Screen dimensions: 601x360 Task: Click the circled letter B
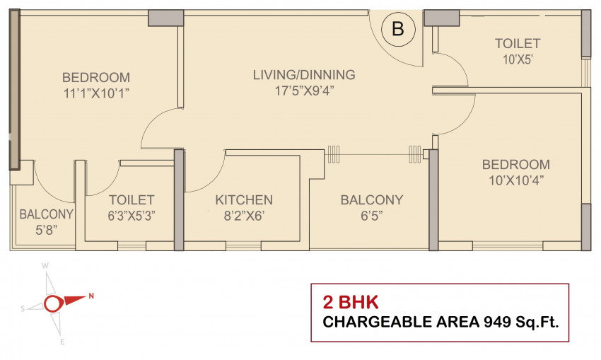tap(398, 29)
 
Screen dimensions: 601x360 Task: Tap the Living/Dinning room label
tap(304, 74)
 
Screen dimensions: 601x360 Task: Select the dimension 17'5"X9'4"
tap(304, 91)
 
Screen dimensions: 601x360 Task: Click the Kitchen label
tap(244, 199)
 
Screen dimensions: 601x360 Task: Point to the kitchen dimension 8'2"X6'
tap(244, 216)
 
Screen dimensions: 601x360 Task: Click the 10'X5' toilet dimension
tap(518, 59)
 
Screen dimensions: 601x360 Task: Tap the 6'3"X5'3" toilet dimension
tap(131, 216)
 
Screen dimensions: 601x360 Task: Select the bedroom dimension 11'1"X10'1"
tap(96, 93)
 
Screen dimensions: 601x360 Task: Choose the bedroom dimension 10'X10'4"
tap(516, 180)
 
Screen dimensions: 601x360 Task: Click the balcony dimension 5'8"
tap(47, 230)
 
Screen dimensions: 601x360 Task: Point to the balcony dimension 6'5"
tap(371, 216)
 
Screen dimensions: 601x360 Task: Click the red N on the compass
tap(91, 296)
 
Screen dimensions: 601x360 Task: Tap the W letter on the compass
tap(45, 266)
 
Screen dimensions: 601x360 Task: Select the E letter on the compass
tap(62, 342)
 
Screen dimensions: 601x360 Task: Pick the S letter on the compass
tap(23, 308)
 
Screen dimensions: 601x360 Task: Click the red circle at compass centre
tap(52, 304)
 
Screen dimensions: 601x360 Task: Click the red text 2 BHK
tap(350, 303)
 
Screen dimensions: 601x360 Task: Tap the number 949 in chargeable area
tap(497, 322)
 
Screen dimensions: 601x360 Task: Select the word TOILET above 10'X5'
tap(518, 43)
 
